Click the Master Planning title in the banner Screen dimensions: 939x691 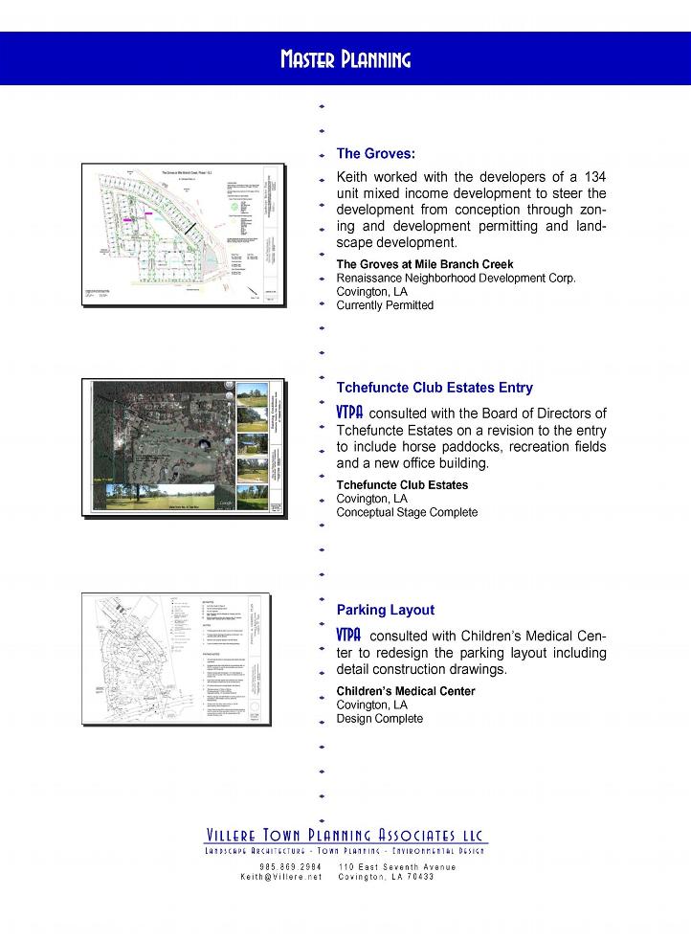[x=345, y=60]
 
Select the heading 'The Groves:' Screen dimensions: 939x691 [x=375, y=153]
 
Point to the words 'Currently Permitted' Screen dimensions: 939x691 [x=385, y=305]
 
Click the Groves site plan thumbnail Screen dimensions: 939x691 [x=182, y=235]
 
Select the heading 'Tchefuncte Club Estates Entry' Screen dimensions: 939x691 [x=435, y=388]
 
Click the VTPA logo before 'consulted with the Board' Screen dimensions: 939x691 [x=349, y=413]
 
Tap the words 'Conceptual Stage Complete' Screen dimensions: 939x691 [x=407, y=512]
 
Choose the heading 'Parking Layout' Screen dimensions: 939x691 [x=386, y=610]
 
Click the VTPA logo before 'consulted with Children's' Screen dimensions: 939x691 [x=349, y=635]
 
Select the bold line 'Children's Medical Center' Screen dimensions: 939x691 [x=406, y=691]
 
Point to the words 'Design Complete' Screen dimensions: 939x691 [x=379, y=719]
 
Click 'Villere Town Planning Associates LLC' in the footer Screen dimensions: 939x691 [x=345, y=835]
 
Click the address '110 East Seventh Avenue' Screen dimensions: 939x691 [x=397, y=867]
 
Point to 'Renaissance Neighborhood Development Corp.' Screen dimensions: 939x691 [x=456, y=279]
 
